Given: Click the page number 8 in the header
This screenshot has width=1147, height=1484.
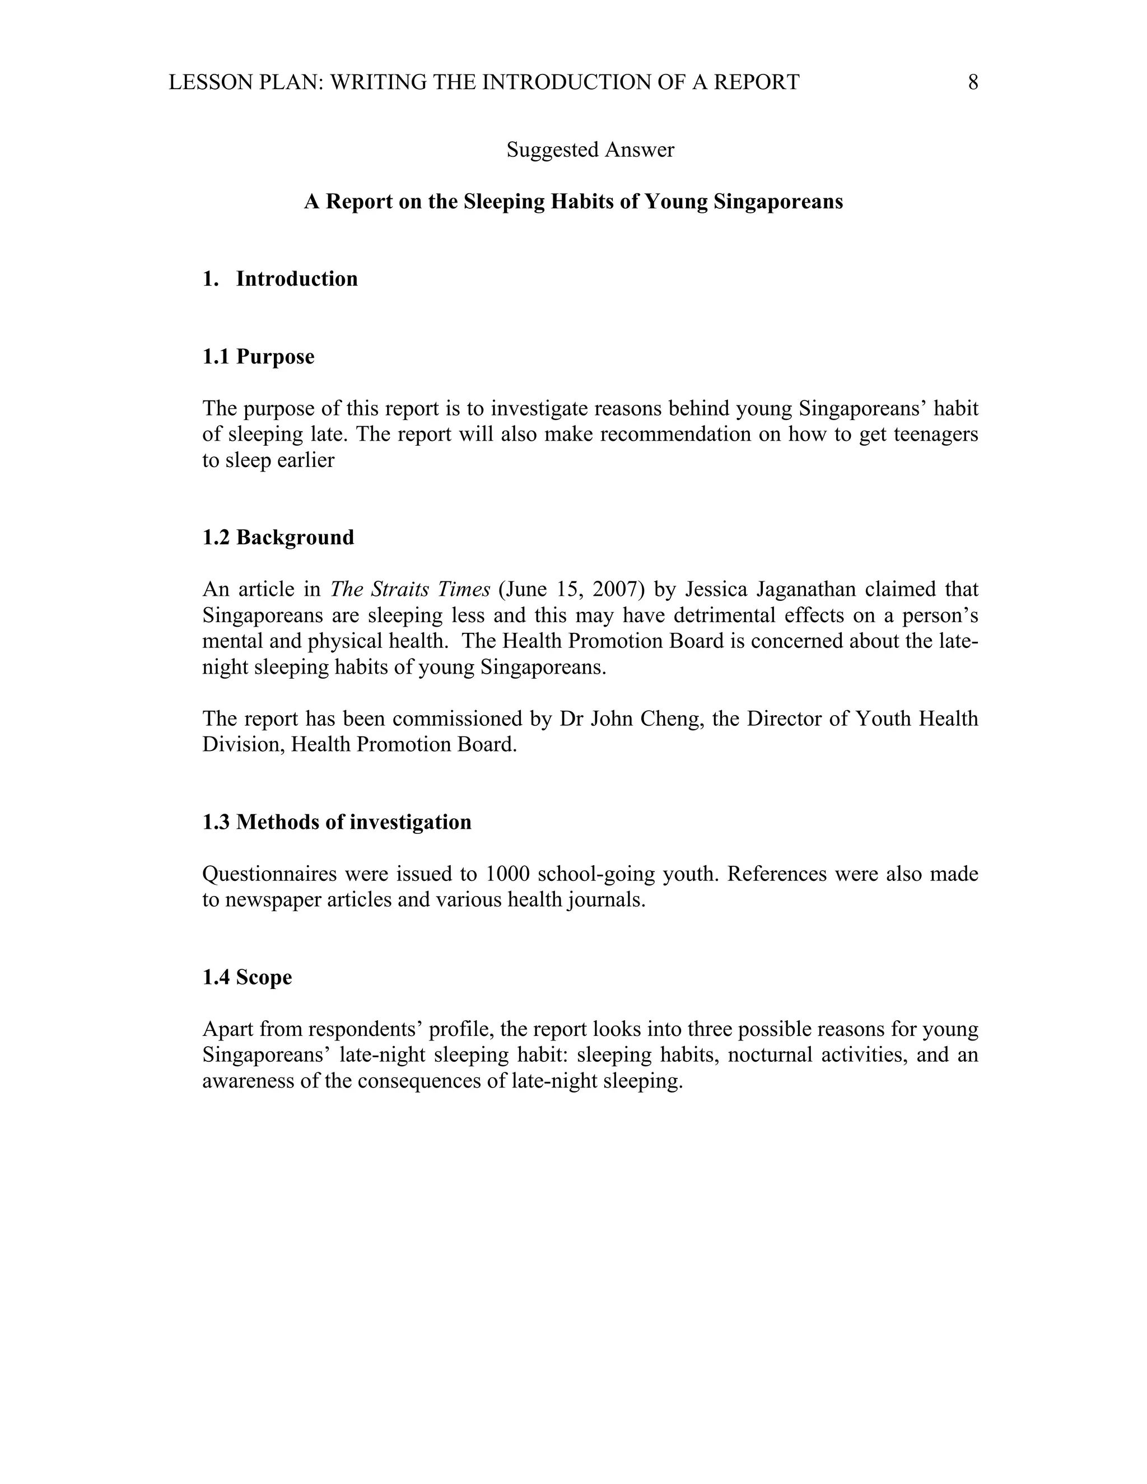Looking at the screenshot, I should click(972, 82).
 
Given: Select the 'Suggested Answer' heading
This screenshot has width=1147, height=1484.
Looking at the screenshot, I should click(590, 150).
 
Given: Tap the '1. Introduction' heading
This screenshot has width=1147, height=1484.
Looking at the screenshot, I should click(280, 279).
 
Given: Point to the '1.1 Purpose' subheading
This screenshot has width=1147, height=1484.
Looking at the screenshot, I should click(258, 357).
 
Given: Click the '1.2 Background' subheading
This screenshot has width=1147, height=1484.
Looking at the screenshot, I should click(278, 538).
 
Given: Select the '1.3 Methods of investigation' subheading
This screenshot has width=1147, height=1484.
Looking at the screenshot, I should click(337, 822).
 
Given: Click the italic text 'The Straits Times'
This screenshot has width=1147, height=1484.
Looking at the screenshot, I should click(410, 589).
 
